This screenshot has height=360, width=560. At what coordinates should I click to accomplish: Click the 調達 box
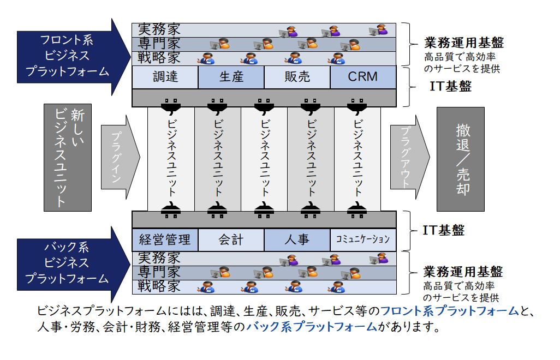(x=165, y=77)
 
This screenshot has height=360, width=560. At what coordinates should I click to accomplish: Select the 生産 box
(x=231, y=77)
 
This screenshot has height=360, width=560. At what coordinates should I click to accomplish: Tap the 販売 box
(x=297, y=77)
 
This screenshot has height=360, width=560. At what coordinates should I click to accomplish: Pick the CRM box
(x=363, y=77)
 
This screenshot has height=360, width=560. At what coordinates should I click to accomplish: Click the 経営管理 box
(x=165, y=239)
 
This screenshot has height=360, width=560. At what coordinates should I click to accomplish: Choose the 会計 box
(x=231, y=239)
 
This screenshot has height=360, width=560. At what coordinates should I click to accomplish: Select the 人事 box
(x=297, y=239)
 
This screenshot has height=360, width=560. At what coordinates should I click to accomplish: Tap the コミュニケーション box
(x=363, y=239)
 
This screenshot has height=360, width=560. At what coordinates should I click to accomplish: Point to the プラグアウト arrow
(x=408, y=158)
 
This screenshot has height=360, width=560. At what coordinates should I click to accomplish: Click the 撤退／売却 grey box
(x=460, y=159)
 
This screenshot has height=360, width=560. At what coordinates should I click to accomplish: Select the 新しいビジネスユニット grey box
(x=68, y=158)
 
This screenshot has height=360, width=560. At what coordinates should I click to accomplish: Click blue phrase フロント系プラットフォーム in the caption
(x=449, y=311)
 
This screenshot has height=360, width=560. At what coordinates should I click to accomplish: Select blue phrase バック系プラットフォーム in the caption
(x=312, y=327)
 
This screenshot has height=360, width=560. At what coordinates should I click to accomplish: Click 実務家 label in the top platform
(x=159, y=29)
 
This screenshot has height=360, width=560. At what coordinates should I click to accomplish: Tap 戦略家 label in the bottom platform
(x=159, y=285)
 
